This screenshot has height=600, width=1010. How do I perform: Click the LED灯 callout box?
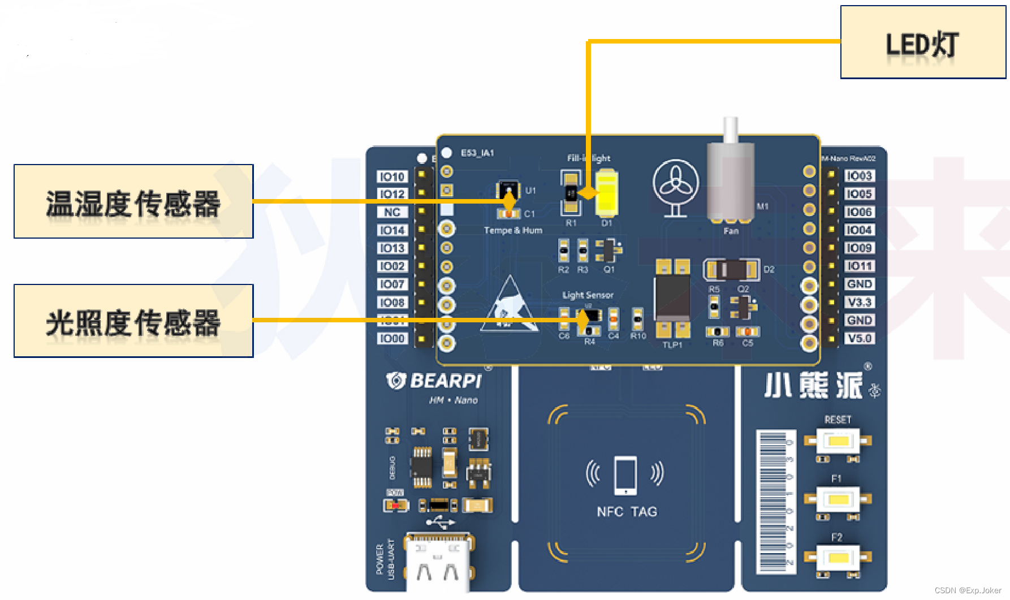(x=923, y=42)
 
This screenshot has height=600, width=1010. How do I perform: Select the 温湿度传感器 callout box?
(x=133, y=202)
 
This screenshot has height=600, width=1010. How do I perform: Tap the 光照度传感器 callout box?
(x=133, y=321)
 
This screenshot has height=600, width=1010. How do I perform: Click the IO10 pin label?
(x=392, y=177)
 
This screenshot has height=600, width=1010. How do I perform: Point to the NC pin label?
(x=392, y=212)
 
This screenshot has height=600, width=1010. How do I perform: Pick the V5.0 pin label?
(x=860, y=338)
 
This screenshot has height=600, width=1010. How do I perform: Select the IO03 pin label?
(x=859, y=176)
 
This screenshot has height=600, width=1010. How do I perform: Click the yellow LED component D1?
(x=607, y=193)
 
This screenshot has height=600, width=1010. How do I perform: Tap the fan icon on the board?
(x=676, y=186)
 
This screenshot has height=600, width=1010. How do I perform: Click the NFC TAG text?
(x=627, y=512)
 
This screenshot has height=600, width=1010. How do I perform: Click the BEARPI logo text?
(x=446, y=381)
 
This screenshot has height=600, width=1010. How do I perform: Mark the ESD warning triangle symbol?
(x=510, y=306)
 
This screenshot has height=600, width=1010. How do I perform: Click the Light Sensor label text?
(x=588, y=295)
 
